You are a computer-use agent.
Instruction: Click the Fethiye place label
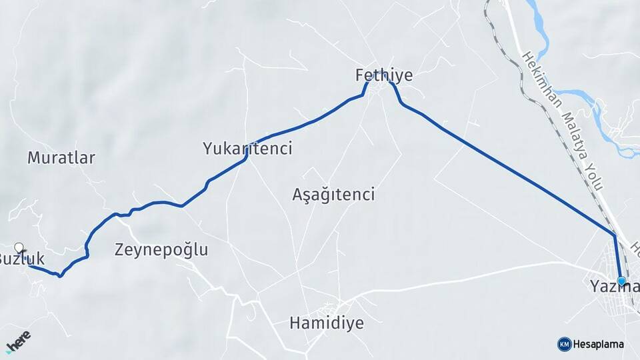[384, 75]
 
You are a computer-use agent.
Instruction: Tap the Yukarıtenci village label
[247, 148]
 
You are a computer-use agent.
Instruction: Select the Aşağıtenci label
[333, 195]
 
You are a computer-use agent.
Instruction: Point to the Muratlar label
[61, 158]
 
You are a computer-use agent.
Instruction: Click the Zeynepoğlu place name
[161, 250]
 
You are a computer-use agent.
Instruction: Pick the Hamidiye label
[327, 323]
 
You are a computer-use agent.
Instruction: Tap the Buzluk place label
[23, 259]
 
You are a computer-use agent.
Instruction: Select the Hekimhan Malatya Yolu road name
[564, 123]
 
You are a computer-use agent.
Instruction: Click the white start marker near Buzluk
[19, 248]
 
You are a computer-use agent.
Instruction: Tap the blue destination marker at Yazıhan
[621, 281]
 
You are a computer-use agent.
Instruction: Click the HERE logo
[18, 341]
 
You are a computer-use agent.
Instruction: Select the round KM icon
[564, 344]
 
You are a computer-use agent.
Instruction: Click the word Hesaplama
[599, 344]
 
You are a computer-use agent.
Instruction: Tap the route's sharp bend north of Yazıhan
[614, 235]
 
